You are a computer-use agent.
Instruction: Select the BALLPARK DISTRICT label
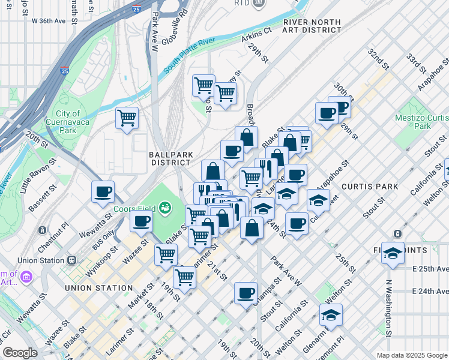pos(170,158)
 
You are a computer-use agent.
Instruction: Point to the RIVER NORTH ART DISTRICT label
pos(312,26)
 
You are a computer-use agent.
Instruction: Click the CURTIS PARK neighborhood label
pos(370,187)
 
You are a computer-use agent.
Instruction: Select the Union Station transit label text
pos(41,260)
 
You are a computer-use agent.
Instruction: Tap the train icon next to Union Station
pos(72,260)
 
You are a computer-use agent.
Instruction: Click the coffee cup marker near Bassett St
pos(103,191)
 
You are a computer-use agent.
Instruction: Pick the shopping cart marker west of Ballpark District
pos(127,118)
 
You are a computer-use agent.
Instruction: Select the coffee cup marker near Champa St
pos(245,293)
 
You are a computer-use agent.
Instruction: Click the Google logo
pos(20,353)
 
